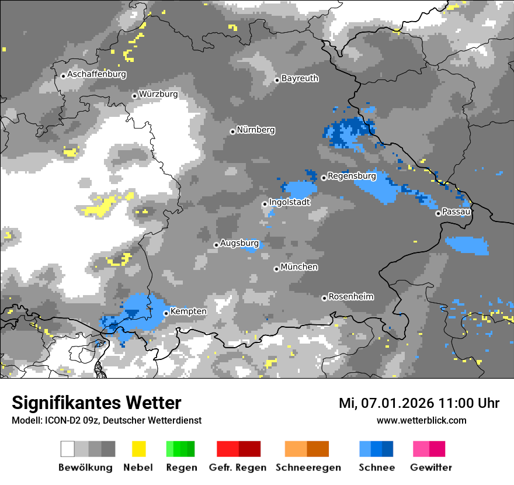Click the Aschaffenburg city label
coord(96,75)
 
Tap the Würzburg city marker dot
coord(134,96)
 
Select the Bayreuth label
coord(300,78)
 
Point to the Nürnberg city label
coord(256,130)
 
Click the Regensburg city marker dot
coord(324,178)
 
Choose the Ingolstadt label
coord(290,202)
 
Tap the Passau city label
coord(457,212)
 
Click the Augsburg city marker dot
coord(216,245)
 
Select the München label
coord(299,267)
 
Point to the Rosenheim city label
coord(350,297)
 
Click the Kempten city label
coord(188,312)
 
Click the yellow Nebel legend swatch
coord(138,449)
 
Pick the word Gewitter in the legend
coord(431,467)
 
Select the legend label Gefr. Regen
coord(238,467)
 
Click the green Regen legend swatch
coord(180,449)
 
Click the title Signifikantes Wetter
coord(96,403)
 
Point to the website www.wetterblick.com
coord(421,420)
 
